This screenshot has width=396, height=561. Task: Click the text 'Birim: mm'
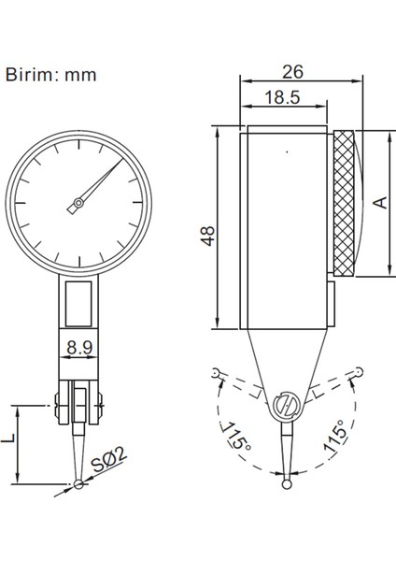[x=50, y=74]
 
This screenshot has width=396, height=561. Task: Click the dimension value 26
[x=291, y=71]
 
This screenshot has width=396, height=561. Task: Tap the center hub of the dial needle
[x=80, y=204]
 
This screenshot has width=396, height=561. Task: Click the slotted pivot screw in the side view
[x=287, y=408]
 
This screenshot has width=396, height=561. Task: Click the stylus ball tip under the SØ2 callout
[x=79, y=483]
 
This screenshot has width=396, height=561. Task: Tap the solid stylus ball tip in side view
[x=287, y=484]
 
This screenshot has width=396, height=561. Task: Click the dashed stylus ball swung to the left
[x=217, y=373]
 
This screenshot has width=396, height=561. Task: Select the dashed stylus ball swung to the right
[x=357, y=373]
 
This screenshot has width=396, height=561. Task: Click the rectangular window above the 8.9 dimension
[x=79, y=305]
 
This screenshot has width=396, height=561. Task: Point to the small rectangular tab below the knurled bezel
[x=333, y=301]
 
